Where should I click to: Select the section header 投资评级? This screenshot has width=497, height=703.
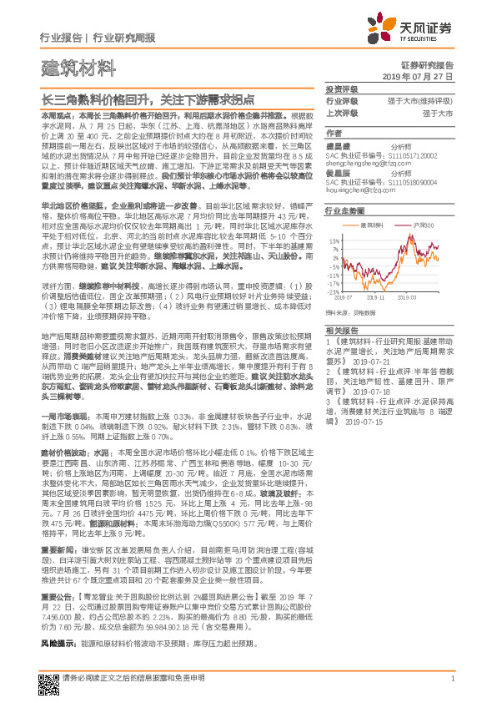(342, 89)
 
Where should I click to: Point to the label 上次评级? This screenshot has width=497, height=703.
(342, 113)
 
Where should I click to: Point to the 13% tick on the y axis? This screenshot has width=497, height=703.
(334, 240)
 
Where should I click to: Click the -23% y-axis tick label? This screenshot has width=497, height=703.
(334, 291)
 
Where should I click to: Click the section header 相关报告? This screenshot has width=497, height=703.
(342, 331)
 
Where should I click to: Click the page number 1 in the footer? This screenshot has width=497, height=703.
(452, 679)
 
